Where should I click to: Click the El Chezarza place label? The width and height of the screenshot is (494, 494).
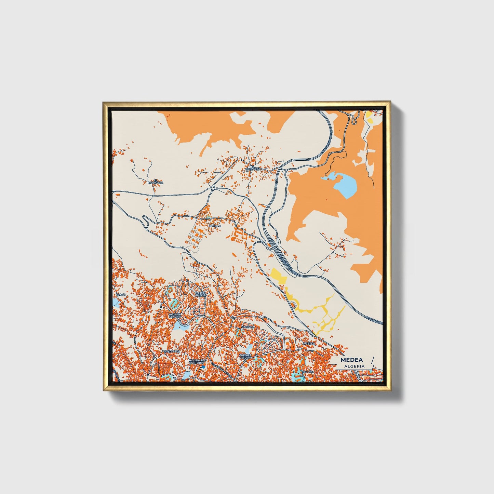coord(253,168)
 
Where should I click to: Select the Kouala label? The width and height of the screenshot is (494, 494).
coord(215,226)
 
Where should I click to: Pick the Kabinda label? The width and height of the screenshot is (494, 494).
coord(248,327)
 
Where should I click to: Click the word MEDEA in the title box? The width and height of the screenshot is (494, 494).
coord(352,360)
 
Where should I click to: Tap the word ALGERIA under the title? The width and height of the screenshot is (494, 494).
coord(355,366)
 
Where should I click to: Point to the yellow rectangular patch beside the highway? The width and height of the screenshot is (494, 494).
coord(278,276)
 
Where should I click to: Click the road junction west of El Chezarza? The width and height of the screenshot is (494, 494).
coord(212,187)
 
